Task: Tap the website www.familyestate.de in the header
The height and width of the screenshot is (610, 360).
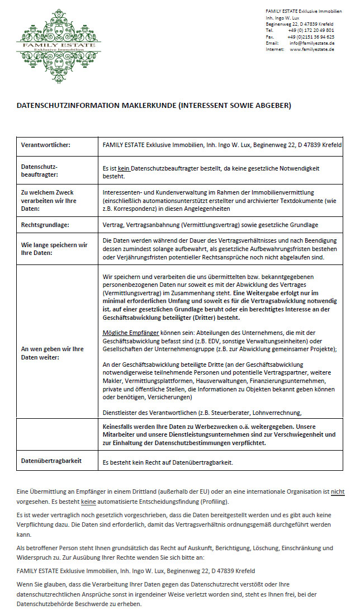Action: tap(312, 49)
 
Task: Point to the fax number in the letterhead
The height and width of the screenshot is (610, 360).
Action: tap(311, 37)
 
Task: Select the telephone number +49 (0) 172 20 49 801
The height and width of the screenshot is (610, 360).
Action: tap(311, 30)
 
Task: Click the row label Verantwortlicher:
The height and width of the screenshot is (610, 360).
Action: tap(45, 145)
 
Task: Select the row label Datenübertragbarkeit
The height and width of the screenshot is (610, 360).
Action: tap(51, 460)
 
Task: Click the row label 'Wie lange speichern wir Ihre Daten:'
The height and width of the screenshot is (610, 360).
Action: tap(54, 248)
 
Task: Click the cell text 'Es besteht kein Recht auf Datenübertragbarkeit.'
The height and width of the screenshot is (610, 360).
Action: tap(168, 462)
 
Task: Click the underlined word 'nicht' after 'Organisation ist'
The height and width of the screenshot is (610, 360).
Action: tap(338, 491)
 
